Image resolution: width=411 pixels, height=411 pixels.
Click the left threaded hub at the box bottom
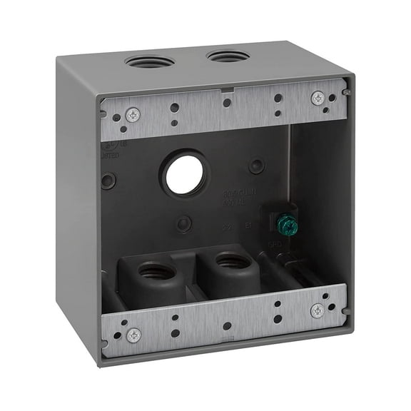(x=155, y=272)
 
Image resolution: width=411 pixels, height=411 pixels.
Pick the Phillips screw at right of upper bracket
(x=318, y=98)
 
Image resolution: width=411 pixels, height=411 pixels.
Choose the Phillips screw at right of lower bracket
(x=318, y=310)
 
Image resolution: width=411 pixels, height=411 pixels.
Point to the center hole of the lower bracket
(x=227, y=326)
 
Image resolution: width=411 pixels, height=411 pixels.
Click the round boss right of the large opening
(x=256, y=166)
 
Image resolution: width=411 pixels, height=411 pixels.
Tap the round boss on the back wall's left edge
(x=108, y=181)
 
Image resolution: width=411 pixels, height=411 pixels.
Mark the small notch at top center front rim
(x=225, y=90)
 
